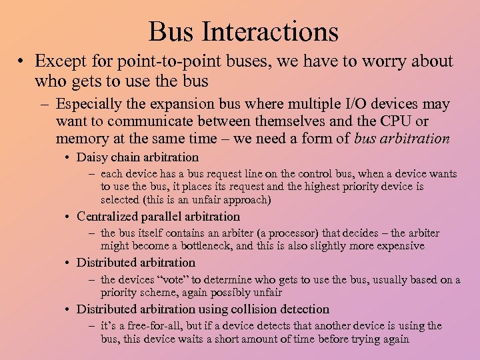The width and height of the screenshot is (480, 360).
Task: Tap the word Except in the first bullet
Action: tap(59, 61)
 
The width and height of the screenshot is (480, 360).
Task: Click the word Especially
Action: tap(87, 105)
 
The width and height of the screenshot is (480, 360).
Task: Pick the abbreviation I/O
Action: tap(355, 105)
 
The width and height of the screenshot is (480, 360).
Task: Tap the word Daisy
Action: tap(91, 158)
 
